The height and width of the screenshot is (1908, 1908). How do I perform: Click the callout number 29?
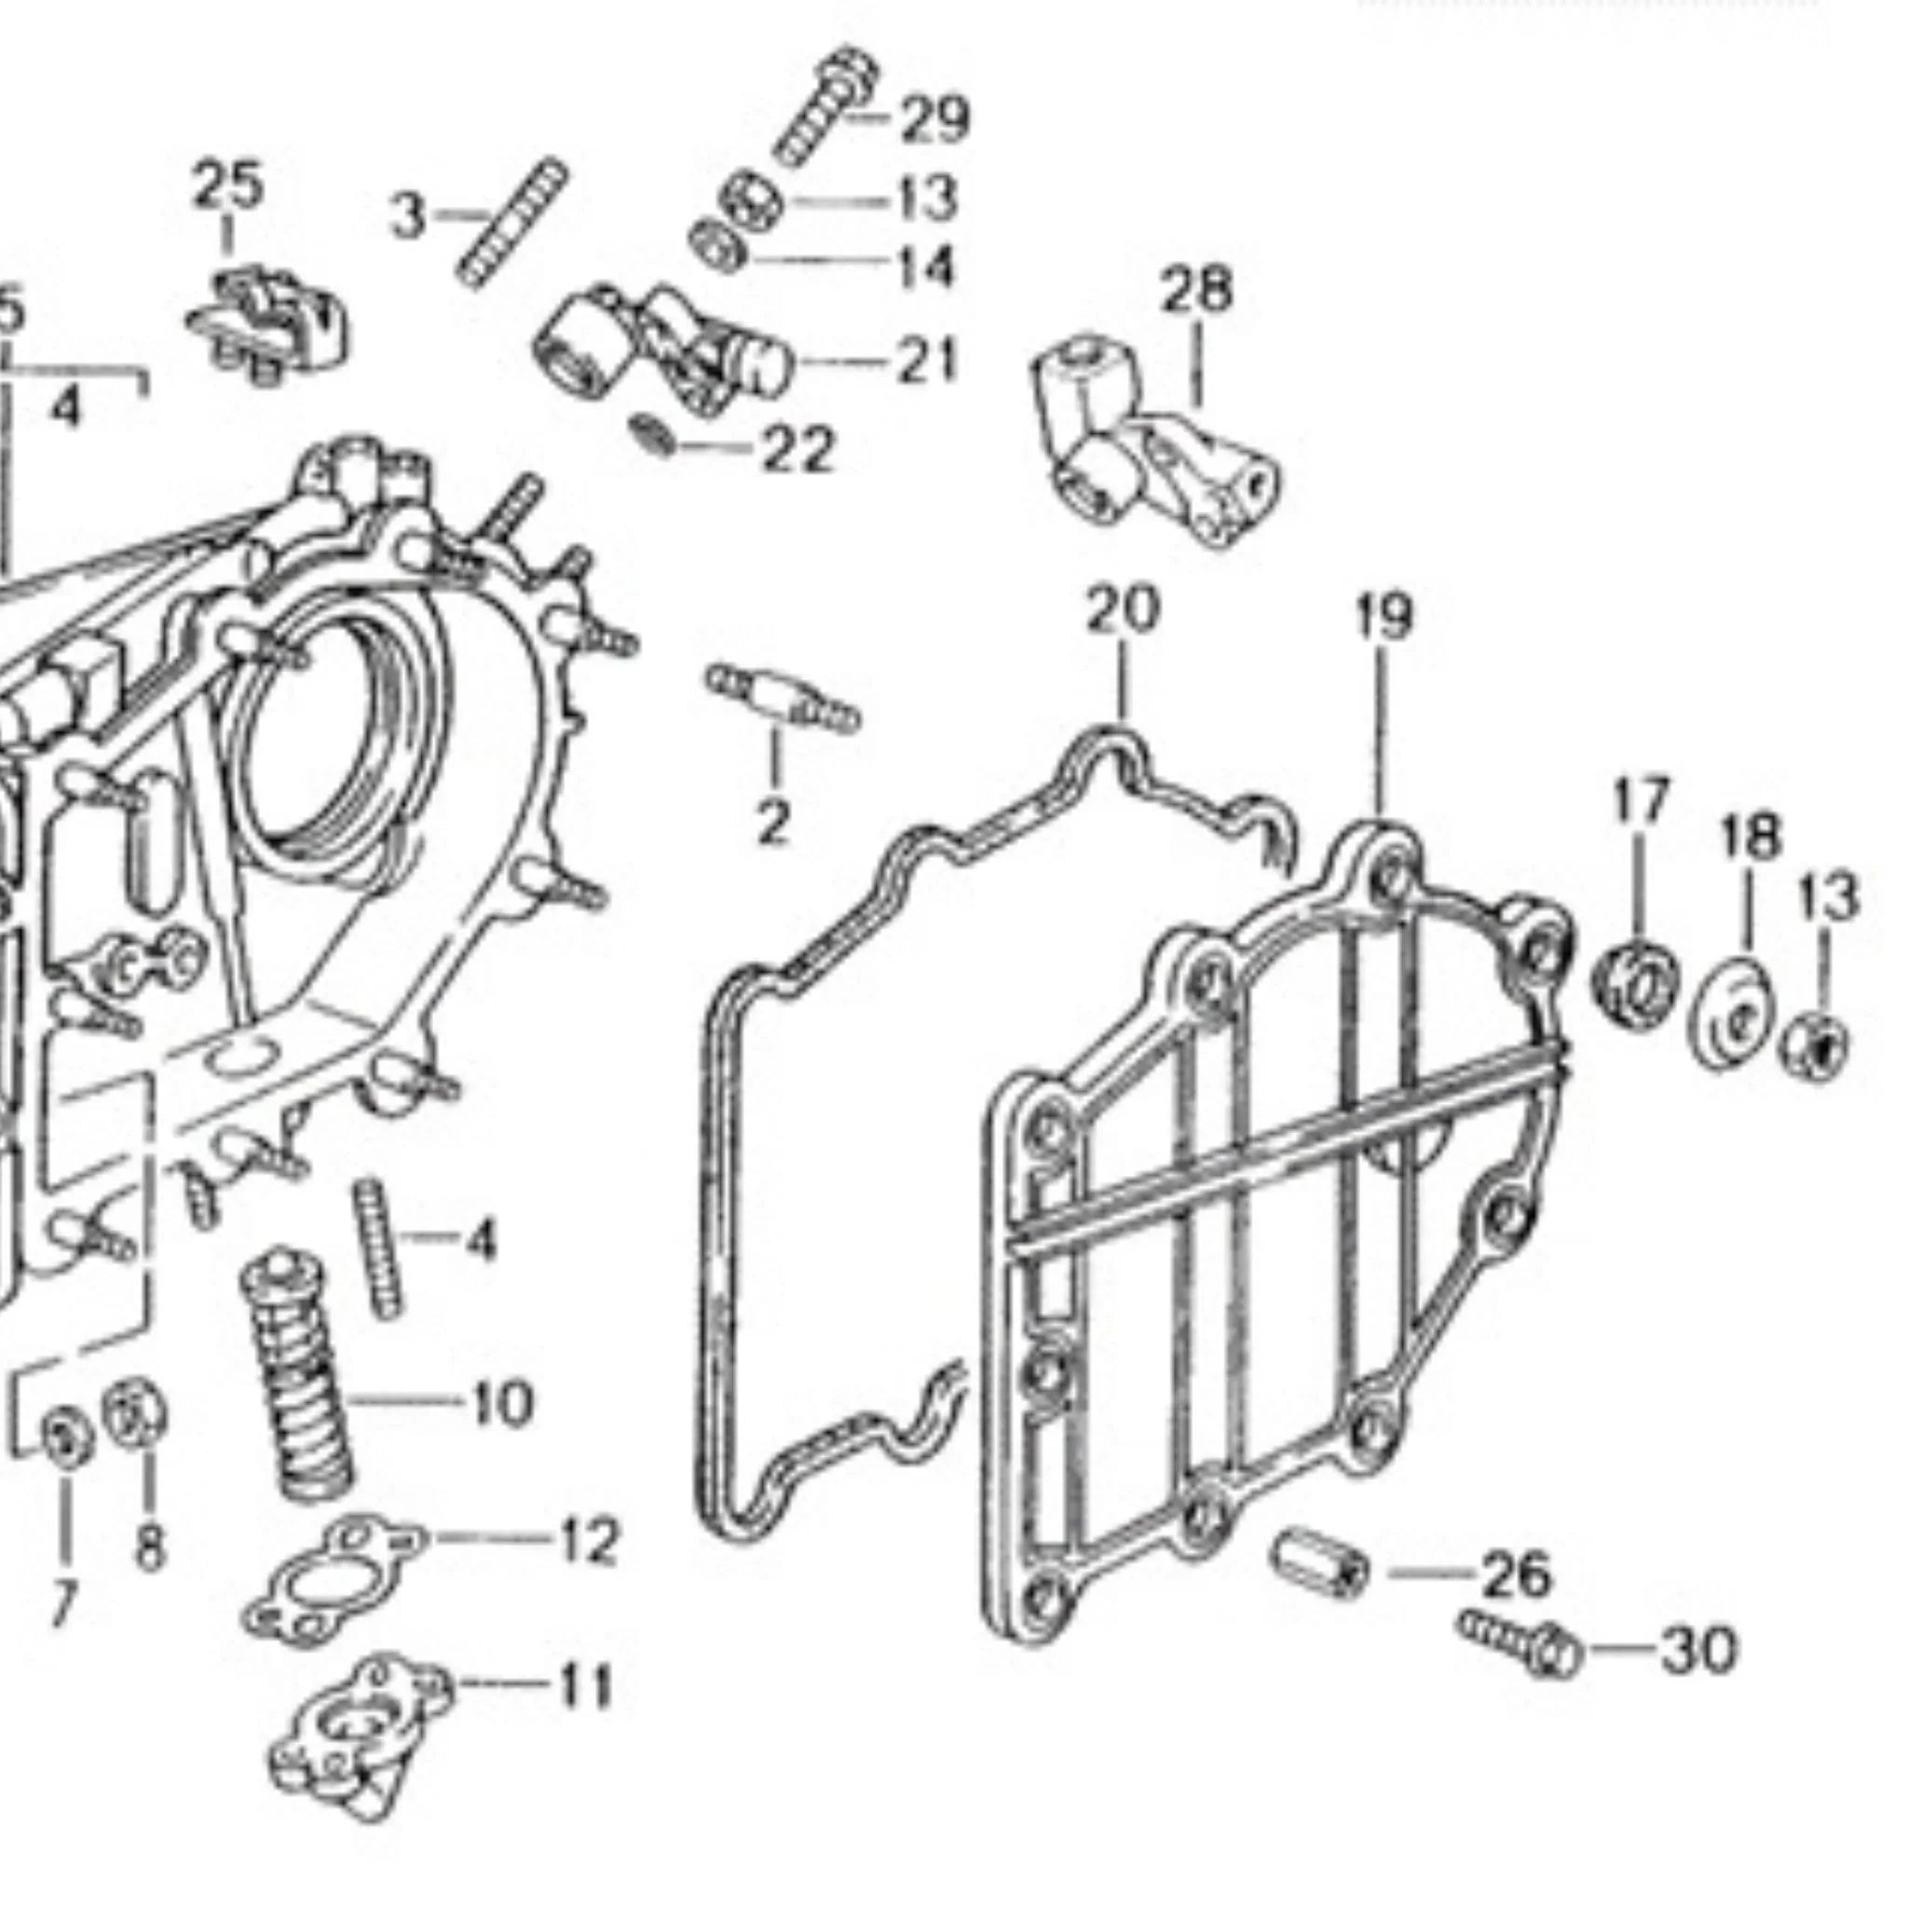point(934,119)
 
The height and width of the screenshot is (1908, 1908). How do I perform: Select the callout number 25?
point(228,184)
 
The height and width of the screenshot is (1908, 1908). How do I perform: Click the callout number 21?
point(926,361)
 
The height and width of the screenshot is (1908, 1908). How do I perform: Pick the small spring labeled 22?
point(654,433)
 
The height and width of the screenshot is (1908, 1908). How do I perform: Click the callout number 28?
point(1196,291)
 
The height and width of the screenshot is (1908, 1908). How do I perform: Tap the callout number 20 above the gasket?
point(1122,610)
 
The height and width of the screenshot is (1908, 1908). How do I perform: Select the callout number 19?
point(1383,615)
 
